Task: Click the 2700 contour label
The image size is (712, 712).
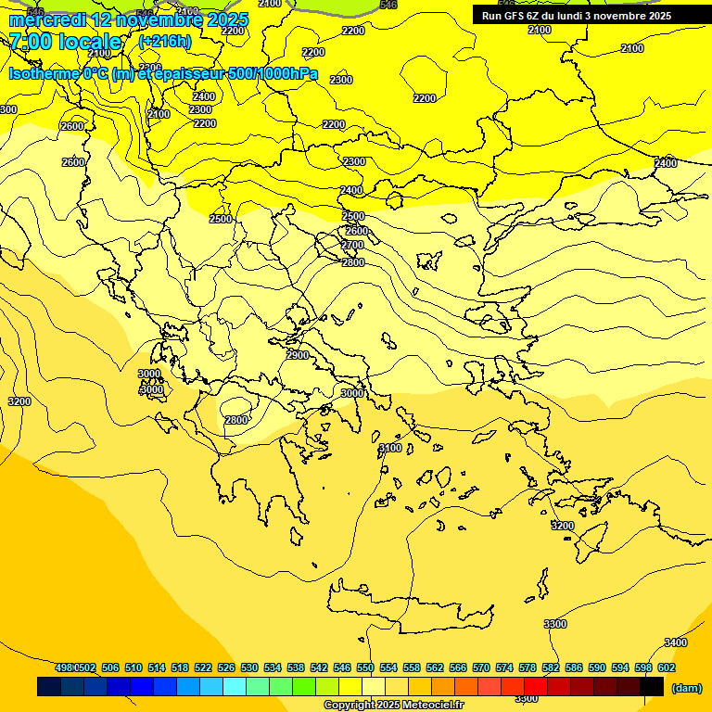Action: coord(352,245)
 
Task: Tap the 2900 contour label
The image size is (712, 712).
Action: coord(298,355)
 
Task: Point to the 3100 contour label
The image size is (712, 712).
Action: coord(390,448)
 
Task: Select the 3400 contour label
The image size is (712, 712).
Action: coord(676,642)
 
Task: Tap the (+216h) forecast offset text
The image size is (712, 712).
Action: coord(164,42)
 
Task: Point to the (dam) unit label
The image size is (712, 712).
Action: coord(686,688)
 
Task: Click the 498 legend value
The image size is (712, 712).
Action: coord(64,667)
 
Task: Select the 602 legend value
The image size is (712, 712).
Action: coord(667,667)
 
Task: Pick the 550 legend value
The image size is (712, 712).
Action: coord(365,667)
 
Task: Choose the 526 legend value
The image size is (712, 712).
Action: coord(226,667)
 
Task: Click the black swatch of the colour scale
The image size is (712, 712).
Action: coord(652,686)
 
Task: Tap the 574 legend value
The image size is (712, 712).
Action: coord(504,667)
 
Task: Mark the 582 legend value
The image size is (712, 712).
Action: coord(551,667)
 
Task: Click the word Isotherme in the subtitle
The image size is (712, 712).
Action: coord(44,74)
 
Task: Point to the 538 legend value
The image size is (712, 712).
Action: coord(296,667)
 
